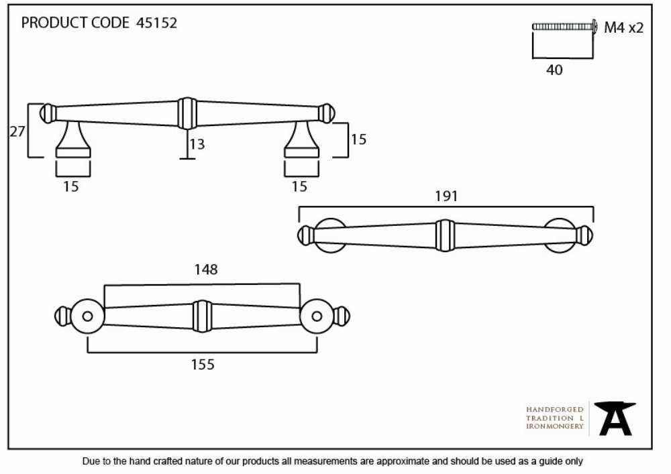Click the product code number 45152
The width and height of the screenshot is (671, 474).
[x=156, y=23]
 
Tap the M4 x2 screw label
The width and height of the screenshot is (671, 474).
[x=623, y=27]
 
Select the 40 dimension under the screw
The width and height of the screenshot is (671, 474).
[x=554, y=70]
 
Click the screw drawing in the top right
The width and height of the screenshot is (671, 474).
[x=564, y=27]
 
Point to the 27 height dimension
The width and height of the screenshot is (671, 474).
[x=17, y=131]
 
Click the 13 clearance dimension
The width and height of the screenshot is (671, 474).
[x=197, y=144]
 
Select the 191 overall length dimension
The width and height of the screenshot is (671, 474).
[x=446, y=196]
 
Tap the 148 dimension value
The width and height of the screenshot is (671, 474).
[x=206, y=270]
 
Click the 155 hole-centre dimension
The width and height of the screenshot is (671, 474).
[x=203, y=365]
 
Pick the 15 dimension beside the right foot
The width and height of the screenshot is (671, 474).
[x=358, y=139]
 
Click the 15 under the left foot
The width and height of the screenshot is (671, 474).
[x=71, y=186]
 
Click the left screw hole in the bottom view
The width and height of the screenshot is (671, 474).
[x=87, y=316]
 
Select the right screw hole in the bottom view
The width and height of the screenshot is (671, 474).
[x=317, y=316]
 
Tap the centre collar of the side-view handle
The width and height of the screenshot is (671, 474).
[x=187, y=113]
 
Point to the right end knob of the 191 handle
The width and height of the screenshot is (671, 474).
[x=584, y=235]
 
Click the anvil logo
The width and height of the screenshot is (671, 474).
[x=615, y=418]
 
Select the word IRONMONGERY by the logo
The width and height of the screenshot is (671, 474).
[x=555, y=426]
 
